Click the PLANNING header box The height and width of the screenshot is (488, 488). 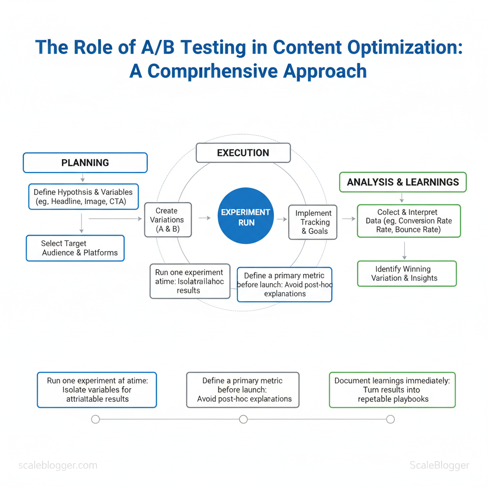click(85, 163)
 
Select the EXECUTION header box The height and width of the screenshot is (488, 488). click(243, 153)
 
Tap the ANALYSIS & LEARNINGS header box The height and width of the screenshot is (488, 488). click(403, 182)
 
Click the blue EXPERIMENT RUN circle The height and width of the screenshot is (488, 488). click(245, 217)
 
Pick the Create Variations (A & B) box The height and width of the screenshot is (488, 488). click(168, 220)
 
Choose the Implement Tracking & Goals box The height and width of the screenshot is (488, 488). click(313, 222)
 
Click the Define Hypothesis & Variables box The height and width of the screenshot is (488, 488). click(83, 197)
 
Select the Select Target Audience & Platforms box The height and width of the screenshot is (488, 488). click(75, 248)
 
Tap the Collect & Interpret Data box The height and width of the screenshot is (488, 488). click(409, 221)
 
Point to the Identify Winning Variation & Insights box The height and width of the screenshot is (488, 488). click(407, 274)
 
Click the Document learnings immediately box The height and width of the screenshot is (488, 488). click(392, 390)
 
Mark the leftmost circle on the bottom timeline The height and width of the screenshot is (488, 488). click(95, 419)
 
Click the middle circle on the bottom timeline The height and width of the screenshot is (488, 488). click(244, 419)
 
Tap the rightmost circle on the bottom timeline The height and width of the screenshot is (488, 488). click(390, 419)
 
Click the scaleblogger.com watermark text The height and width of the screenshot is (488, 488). click(58, 466)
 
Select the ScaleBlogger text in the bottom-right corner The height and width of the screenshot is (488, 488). click(439, 466)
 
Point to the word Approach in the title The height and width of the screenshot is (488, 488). click(325, 71)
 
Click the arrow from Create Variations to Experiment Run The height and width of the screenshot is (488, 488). click(204, 218)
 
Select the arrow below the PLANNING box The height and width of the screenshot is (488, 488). click(83, 178)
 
